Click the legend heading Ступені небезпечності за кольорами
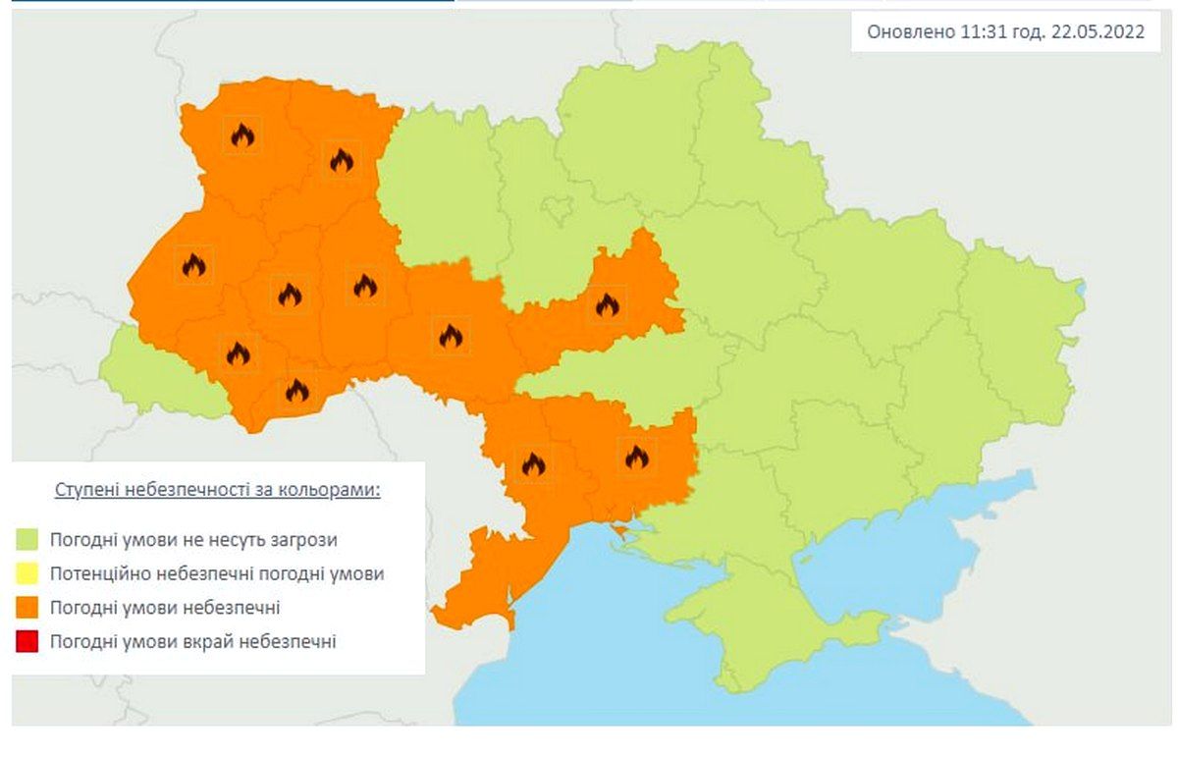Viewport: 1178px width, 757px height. point(217,490)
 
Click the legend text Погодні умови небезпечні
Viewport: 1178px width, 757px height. point(164,608)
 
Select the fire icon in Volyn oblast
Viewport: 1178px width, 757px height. point(242,135)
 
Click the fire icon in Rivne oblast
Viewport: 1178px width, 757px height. point(341,159)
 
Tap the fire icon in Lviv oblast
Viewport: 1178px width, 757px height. point(193,264)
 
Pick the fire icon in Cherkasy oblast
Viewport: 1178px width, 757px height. point(607,304)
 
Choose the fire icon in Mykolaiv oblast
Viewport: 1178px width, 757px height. point(636,457)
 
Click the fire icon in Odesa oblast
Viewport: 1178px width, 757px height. point(533,463)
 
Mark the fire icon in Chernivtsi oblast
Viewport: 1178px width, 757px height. point(296,391)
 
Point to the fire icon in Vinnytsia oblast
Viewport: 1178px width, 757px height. point(450,337)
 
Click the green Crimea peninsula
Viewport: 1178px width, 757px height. point(776,628)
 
